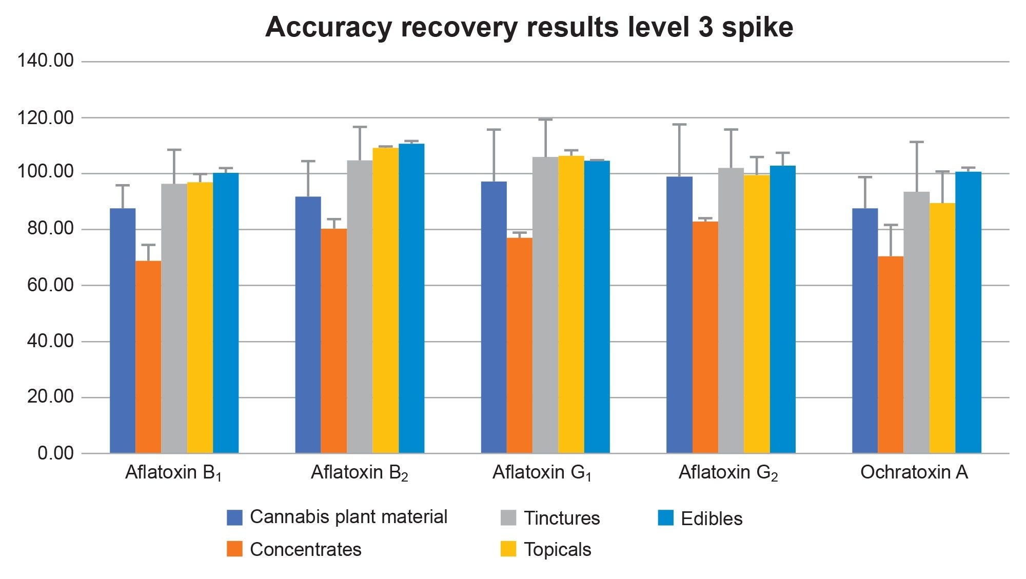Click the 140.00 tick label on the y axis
(x=46, y=61)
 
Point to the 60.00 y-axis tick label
(x=50, y=285)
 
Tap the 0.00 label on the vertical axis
(x=55, y=453)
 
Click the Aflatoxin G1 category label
(x=542, y=472)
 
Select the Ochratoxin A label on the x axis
(x=914, y=472)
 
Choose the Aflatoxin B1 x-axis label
(x=173, y=472)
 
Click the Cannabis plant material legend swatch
(x=234, y=517)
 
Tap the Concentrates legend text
(x=305, y=549)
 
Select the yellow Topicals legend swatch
(x=508, y=549)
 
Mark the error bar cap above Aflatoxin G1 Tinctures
(x=545, y=119)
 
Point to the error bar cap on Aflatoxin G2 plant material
(x=679, y=125)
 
